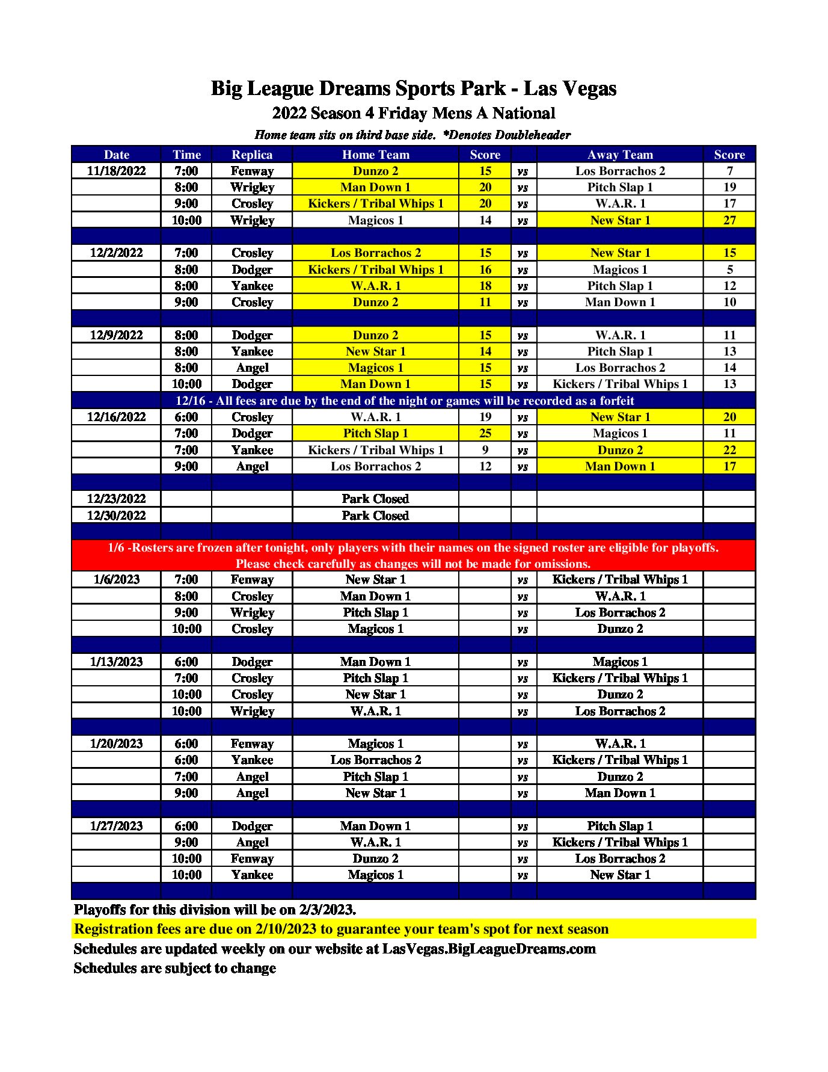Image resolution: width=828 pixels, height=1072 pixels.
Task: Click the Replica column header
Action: pyautogui.click(x=252, y=155)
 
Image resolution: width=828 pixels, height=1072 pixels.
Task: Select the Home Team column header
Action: pyautogui.click(x=375, y=155)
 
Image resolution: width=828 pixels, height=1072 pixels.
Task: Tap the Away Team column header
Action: pyautogui.click(x=620, y=155)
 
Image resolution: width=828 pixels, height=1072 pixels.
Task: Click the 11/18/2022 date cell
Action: pyautogui.click(x=116, y=171)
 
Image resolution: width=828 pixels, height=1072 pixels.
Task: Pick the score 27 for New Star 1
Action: pyautogui.click(x=729, y=220)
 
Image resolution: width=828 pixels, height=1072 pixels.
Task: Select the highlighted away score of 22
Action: pyautogui.click(x=729, y=450)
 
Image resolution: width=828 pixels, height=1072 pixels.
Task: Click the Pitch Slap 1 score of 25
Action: pyautogui.click(x=485, y=433)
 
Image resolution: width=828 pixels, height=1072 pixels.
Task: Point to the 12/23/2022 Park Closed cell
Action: pyautogui.click(x=375, y=499)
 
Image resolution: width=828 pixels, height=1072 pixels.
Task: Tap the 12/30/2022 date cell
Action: pyautogui.click(x=116, y=516)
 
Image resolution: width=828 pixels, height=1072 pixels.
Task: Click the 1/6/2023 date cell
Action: pyautogui.click(x=116, y=579)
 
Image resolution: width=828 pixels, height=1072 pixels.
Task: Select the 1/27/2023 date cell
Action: pyautogui.click(x=116, y=826)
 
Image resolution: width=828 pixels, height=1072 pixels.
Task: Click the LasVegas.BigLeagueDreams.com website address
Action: pyautogui.click(x=489, y=949)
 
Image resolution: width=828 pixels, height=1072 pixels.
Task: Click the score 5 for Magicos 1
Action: pyautogui.click(x=729, y=270)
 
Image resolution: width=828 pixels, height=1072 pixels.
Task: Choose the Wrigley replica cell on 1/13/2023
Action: pyautogui.click(x=252, y=711)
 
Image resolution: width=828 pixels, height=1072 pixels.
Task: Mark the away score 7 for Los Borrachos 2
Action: pyautogui.click(x=729, y=171)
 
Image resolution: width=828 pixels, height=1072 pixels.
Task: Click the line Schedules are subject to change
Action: pyautogui.click(x=174, y=968)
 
